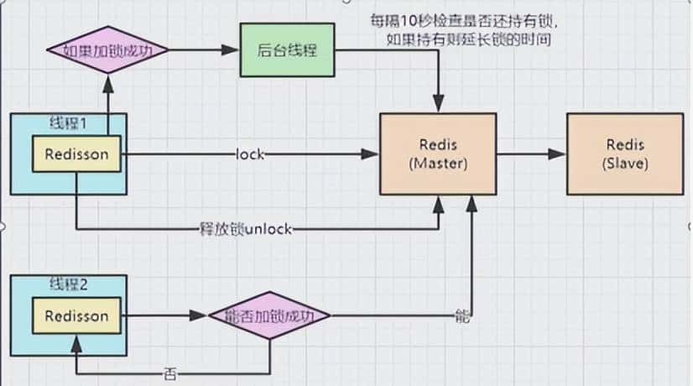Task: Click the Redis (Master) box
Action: point(435,154)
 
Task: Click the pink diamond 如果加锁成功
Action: point(107,50)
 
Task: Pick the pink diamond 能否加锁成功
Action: point(268,316)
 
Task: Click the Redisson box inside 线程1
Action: point(76,154)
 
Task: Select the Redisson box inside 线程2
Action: point(76,316)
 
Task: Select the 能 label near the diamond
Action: point(461,317)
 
